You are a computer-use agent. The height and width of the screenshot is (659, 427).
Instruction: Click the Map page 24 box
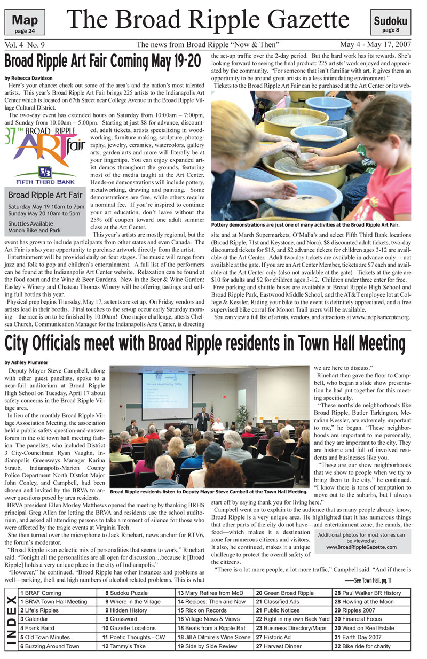(x=25, y=24)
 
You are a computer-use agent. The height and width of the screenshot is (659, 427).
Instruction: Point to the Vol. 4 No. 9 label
(x=27, y=45)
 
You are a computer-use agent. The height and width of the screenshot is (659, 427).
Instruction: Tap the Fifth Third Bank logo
(x=44, y=175)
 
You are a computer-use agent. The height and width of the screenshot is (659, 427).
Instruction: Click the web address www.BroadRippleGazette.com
(x=361, y=547)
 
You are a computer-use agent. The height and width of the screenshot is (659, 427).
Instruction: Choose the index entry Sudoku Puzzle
(x=128, y=593)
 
